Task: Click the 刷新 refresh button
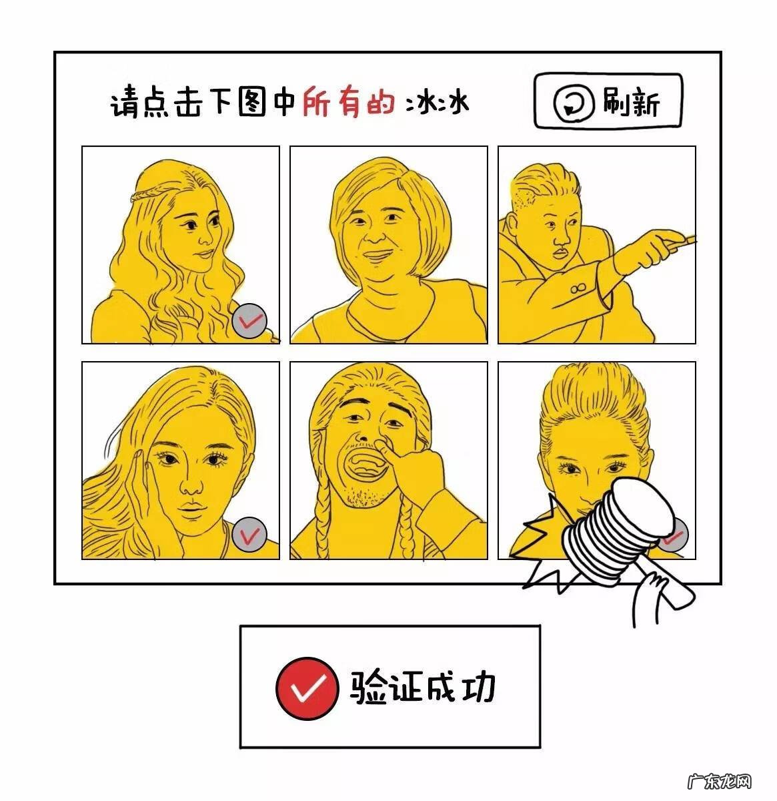pyautogui.click(x=608, y=101)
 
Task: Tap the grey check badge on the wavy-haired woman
pyautogui.click(x=251, y=320)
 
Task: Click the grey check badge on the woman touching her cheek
pyautogui.click(x=250, y=534)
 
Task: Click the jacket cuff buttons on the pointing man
pyautogui.click(x=577, y=288)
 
